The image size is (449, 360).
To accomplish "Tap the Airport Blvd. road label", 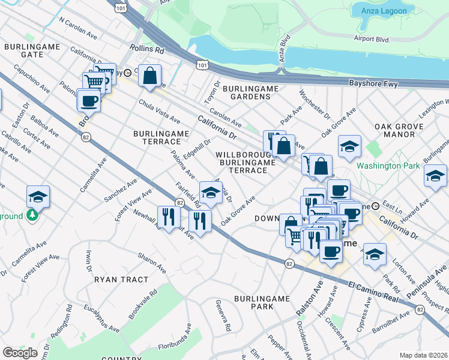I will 372,39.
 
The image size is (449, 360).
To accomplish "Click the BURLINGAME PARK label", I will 262,302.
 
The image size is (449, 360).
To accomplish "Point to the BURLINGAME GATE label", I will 24,50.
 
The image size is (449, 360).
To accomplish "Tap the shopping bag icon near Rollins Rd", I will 150,76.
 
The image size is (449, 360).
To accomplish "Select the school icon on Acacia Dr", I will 211,193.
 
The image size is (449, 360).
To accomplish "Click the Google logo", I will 20,352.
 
